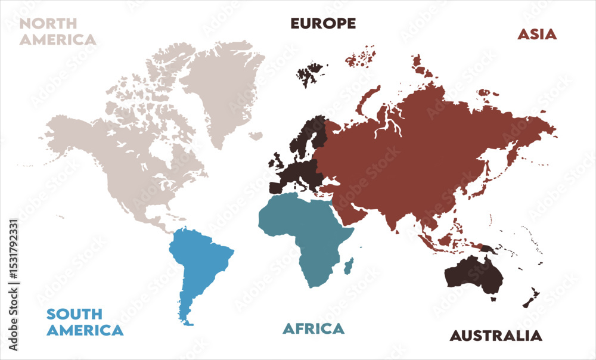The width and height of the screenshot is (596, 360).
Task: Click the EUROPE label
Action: (x=323, y=23)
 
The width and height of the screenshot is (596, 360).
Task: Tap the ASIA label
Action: (x=536, y=34)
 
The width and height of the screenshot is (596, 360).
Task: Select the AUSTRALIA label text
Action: (x=496, y=336)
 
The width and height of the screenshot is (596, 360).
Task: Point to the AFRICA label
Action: (x=313, y=328)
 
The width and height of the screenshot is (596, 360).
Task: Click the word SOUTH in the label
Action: (x=74, y=314)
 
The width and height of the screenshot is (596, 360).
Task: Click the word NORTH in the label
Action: (x=48, y=24)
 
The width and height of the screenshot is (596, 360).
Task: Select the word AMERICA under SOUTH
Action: (x=85, y=330)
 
